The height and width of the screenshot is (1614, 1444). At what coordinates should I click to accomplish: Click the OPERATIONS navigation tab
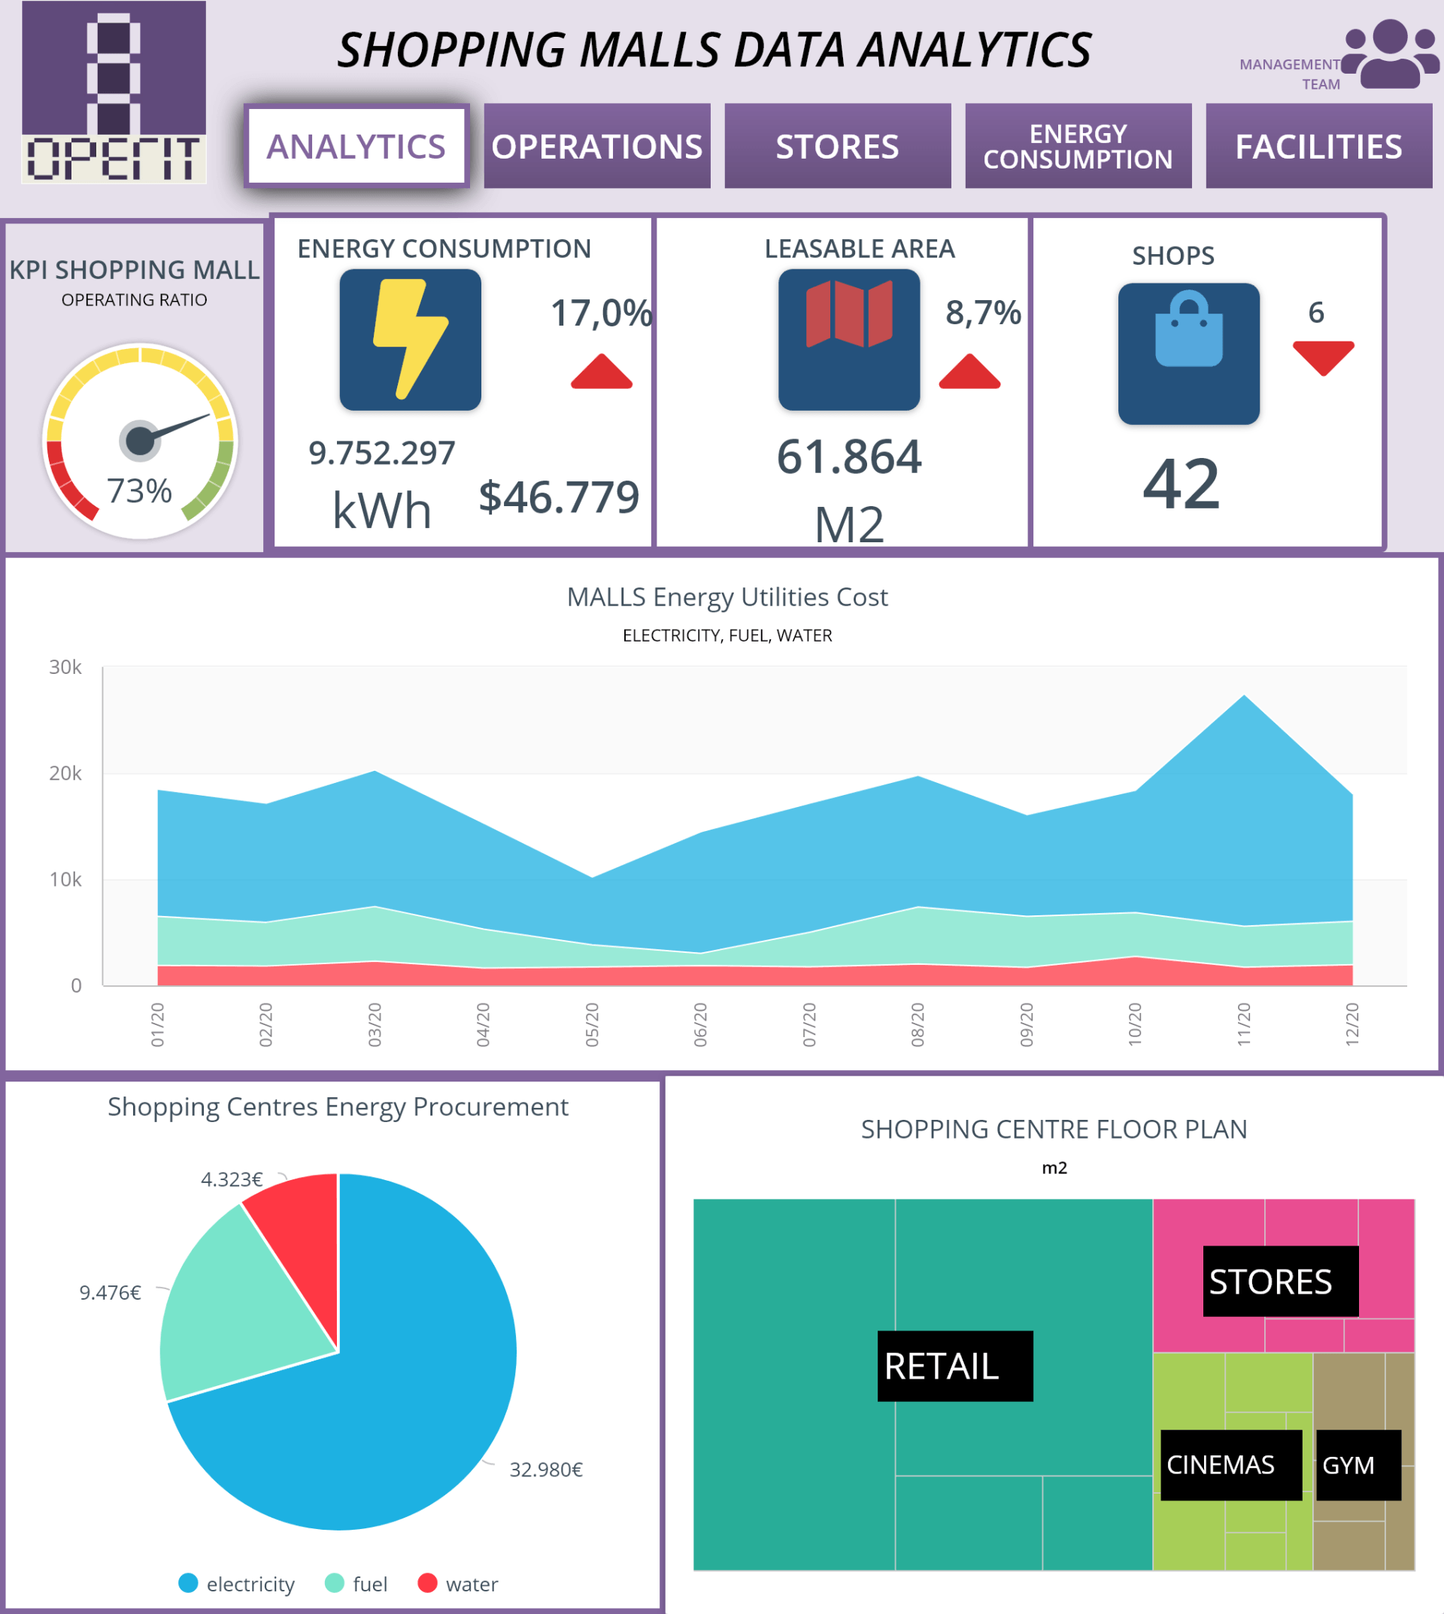(596, 147)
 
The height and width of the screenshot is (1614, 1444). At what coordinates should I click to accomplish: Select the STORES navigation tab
(837, 147)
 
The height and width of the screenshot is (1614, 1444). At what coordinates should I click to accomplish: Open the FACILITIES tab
(1318, 147)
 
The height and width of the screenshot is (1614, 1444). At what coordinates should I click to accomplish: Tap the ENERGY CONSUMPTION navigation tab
(1078, 147)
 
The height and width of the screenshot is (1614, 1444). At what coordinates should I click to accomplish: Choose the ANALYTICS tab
(356, 147)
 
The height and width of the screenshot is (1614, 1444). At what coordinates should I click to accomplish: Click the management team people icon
(1390, 54)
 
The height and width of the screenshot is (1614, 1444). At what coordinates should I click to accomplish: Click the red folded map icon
(849, 314)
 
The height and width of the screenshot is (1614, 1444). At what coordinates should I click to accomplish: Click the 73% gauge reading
(140, 490)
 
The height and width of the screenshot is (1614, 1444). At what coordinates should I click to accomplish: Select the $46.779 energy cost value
(559, 498)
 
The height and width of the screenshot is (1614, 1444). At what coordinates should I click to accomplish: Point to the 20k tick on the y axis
(66, 773)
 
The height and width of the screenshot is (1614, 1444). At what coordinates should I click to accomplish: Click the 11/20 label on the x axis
(1243, 1024)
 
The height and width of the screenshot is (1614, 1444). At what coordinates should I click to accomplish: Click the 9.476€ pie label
(111, 1293)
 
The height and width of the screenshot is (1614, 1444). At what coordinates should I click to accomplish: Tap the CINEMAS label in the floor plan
(1221, 1465)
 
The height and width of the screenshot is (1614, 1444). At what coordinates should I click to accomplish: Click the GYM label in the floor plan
(1348, 1465)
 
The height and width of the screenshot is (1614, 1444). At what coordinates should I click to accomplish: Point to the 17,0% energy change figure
(601, 313)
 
